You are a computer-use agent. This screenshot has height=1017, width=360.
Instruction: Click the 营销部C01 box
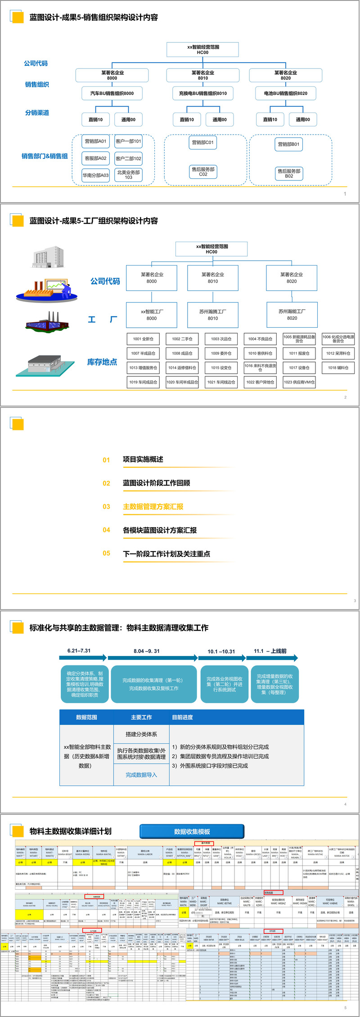[x=203, y=143]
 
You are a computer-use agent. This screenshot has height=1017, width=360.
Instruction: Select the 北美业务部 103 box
[x=129, y=175]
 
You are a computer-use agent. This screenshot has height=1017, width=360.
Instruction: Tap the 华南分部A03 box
[x=95, y=175]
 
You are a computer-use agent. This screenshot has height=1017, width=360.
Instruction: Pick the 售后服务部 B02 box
[x=289, y=173]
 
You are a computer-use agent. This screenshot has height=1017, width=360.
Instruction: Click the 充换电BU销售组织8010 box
[x=203, y=94]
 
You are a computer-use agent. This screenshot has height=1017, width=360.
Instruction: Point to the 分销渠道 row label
[x=37, y=113]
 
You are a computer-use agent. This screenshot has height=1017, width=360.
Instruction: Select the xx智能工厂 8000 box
[x=152, y=315]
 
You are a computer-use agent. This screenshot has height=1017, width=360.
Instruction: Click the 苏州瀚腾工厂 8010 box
[x=213, y=315]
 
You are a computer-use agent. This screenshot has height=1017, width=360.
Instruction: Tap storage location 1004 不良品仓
[x=260, y=339]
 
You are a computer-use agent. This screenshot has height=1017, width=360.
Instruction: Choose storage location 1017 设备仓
[x=299, y=368]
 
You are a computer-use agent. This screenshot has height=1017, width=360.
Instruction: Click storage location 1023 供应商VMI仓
[x=299, y=382]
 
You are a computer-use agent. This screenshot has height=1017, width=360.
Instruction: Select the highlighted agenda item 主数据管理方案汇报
[x=153, y=506]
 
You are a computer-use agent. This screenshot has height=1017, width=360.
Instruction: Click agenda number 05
[x=106, y=553]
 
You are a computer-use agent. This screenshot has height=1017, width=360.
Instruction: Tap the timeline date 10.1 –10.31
[x=221, y=651]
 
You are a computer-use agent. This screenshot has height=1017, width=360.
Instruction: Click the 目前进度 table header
[x=183, y=717]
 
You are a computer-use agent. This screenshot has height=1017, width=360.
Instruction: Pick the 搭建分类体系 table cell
[x=141, y=734]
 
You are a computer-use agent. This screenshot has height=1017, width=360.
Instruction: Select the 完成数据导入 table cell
[x=141, y=775]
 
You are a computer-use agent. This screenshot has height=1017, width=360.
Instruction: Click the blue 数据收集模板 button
[x=192, y=832]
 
